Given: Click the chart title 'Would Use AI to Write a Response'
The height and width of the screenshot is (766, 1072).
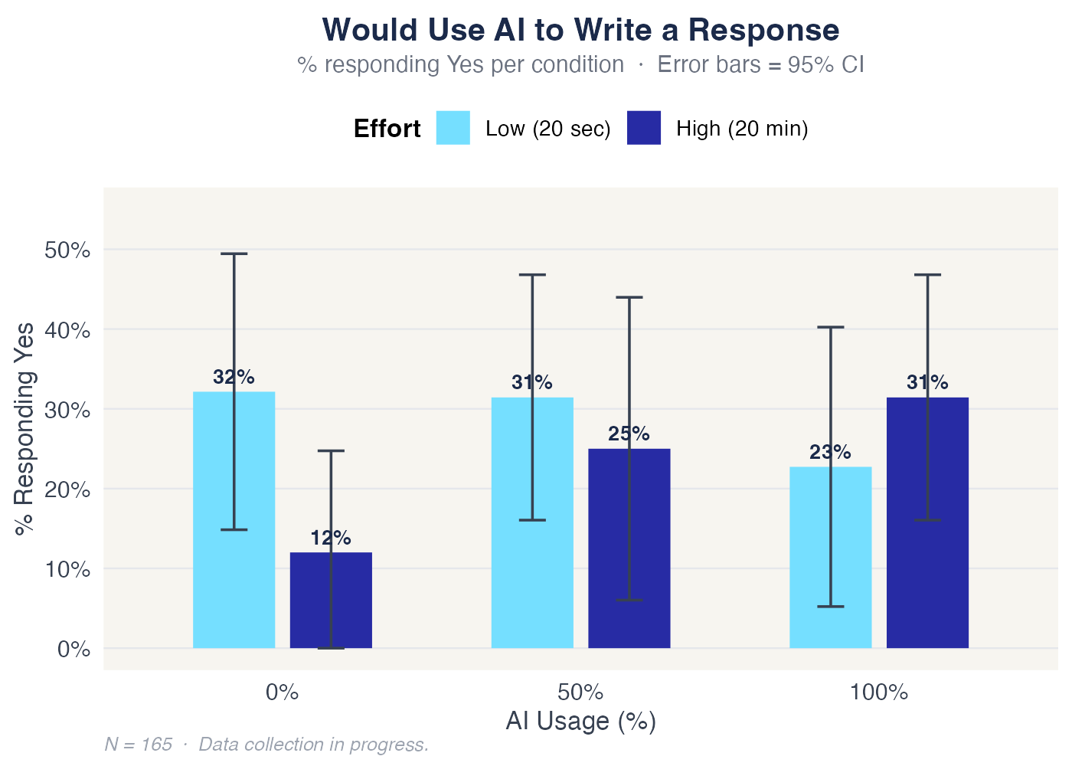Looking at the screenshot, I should pos(580,31).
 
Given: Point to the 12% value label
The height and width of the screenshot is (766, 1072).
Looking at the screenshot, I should pos(331,538).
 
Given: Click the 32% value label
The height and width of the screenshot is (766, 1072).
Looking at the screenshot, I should pos(234,377).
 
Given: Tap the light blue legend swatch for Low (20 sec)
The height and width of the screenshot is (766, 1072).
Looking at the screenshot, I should pos(453,128).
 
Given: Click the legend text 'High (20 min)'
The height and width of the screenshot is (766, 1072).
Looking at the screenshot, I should pos(742,129).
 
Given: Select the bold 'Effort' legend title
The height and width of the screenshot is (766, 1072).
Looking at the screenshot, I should pos(387,129).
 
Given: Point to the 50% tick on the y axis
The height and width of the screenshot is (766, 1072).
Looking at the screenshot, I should pos(64,250).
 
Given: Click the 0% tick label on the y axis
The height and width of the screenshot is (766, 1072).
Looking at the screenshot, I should pos(74,650).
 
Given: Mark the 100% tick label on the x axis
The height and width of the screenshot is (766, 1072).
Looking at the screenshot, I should pos(878,693).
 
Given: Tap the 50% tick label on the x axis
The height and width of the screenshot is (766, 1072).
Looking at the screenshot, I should pos(580,693).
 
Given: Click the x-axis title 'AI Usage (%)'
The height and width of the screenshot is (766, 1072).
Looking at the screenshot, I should pos(580,722).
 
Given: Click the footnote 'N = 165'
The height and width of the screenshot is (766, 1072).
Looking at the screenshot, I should pos(138,745).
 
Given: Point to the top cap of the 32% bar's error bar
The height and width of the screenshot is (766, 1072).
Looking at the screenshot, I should pos(234,254).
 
